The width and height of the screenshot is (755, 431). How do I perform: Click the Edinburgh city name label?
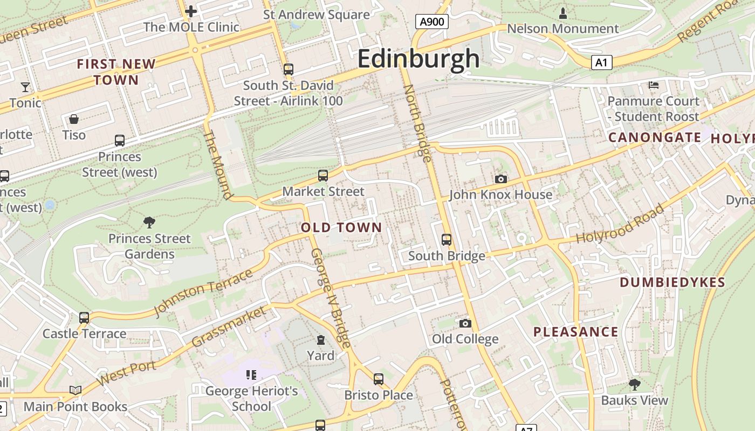418,58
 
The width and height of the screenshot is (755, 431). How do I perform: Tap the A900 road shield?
432,22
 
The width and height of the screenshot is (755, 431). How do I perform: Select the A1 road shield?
601,62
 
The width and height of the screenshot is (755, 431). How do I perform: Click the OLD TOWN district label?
341,227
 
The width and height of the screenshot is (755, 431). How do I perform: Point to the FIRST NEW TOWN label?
116,72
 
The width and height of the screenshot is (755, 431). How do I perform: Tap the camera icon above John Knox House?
500,179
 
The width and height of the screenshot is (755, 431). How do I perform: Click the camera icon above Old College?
465,323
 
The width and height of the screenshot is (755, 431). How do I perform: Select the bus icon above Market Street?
323,175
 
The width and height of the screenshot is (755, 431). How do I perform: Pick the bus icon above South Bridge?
447,239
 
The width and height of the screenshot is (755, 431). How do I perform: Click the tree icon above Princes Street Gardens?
149,222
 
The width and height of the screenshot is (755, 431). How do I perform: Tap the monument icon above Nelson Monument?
563,12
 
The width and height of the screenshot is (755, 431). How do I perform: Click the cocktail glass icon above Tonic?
25,87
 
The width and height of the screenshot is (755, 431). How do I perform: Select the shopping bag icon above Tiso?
74,119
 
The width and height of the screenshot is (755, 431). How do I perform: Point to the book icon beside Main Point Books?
75,391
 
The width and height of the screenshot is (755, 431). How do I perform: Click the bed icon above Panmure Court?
653,85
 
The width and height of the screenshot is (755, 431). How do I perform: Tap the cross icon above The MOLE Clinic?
191,11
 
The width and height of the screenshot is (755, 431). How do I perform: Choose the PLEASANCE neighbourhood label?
575,332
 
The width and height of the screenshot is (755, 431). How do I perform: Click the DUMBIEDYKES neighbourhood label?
672,282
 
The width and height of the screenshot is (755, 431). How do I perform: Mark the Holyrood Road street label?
620,224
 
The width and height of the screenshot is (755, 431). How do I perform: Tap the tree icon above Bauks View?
635,384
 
